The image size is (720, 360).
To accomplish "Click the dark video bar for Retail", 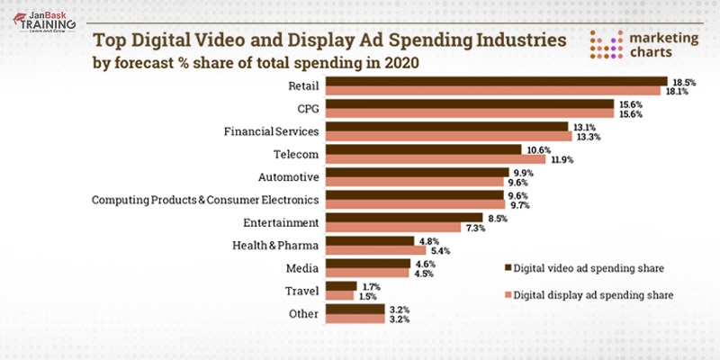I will pos(495,82).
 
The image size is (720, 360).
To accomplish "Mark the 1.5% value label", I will pos(369,295).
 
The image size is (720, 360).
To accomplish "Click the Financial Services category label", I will pos(271,131).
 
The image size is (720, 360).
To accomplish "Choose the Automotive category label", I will pos(288,176).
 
